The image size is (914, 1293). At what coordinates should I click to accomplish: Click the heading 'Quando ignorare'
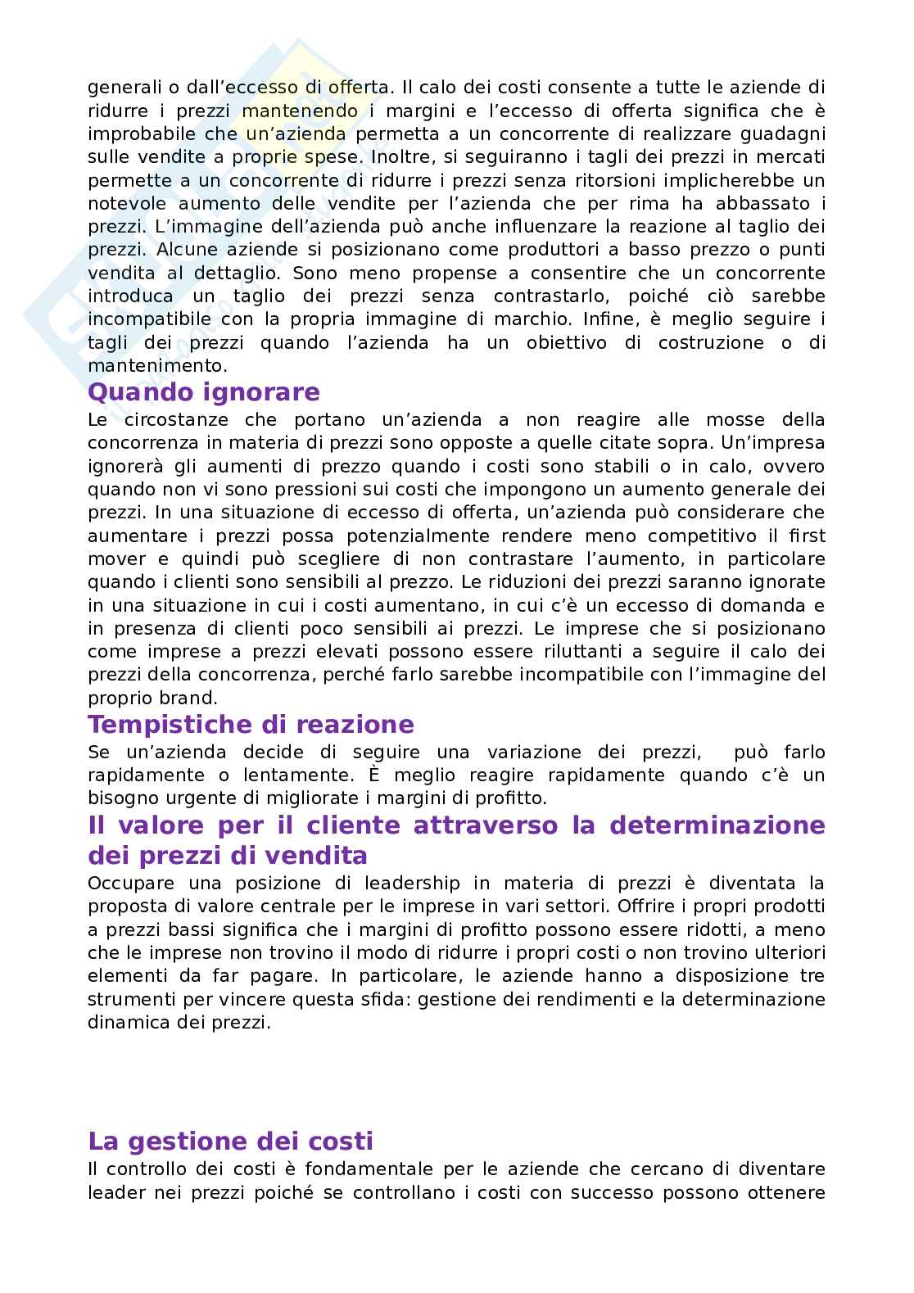pos(203,393)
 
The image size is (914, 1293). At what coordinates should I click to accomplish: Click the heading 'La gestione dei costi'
pos(230,1142)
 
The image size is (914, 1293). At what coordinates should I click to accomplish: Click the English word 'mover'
pos(115,559)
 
